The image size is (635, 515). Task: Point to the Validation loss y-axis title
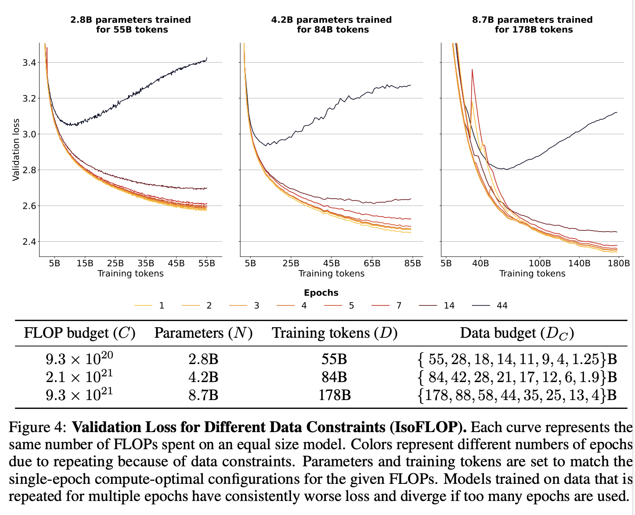[16, 150]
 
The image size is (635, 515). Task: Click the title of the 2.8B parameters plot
[131, 25]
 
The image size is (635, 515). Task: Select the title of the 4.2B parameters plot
[332, 25]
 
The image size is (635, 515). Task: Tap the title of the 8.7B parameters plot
[532, 25]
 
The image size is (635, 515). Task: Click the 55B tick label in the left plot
[206, 264]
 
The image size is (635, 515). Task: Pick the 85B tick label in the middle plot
[412, 264]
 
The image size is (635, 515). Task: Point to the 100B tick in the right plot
[539, 264]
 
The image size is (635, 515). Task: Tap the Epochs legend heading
[321, 293]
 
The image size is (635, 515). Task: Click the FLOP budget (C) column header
[79, 333]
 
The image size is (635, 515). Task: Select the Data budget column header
[517, 333]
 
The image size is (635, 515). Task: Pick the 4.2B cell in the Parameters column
[203, 377]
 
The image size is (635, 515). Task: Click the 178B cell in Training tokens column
[335, 395]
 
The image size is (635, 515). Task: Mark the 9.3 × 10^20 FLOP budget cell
[79, 359]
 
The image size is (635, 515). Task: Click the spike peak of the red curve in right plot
[472, 69]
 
